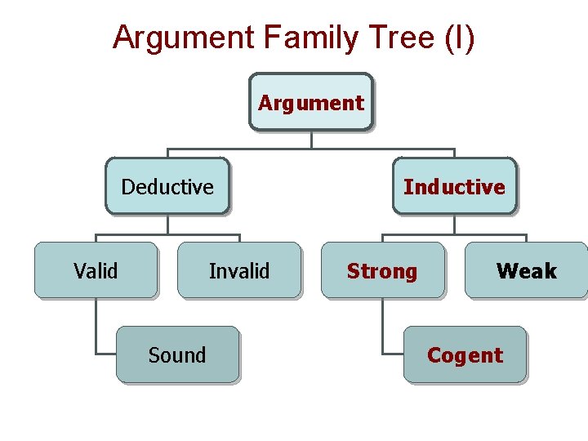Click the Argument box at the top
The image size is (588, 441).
click(x=310, y=102)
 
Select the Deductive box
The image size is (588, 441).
click(x=167, y=186)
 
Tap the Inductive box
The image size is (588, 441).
click(x=454, y=186)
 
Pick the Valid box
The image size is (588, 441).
click(x=96, y=270)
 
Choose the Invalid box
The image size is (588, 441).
click(x=239, y=270)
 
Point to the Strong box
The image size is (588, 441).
click(x=382, y=270)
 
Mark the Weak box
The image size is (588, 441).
click(x=526, y=270)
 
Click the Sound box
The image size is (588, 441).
click(x=177, y=354)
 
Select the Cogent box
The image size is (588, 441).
click(x=465, y=354)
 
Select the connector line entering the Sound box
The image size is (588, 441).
click(x=106, y=354)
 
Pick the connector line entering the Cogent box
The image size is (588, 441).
click(x=393, y=354)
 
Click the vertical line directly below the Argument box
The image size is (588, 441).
click(x=311, y=140)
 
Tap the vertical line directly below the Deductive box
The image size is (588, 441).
click(x=167, y=225)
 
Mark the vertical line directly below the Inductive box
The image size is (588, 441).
click(x=454, y=225)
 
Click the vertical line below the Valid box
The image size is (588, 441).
click(x=96, y=325)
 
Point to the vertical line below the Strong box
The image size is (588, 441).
click(x=382, y=325)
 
